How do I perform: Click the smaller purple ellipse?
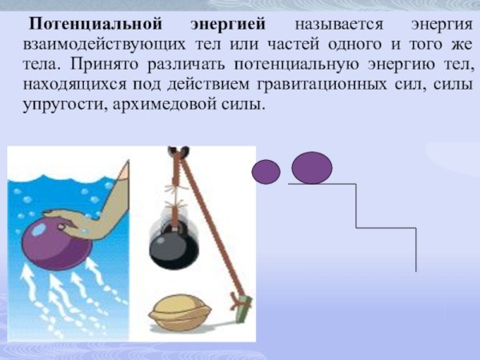(266, 171)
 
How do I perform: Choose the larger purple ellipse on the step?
(311, 168)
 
